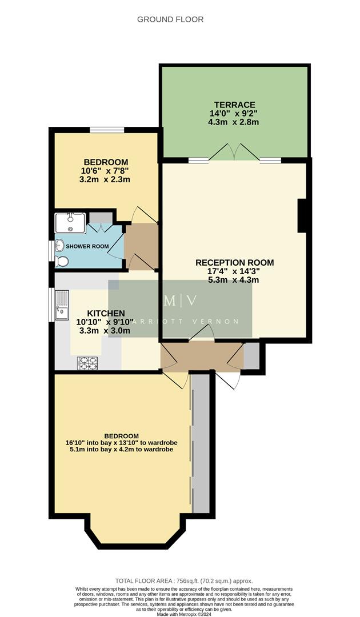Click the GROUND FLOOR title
(170, 19)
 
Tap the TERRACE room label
(234, 105)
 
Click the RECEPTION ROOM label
(234, 262)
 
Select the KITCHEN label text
(106, 313)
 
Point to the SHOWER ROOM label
(87, 246)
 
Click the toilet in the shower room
(62, 261)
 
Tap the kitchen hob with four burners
(87, 363)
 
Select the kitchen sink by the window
(61, 306)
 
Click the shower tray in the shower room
(70, 223)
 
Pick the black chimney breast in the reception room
(302, 215)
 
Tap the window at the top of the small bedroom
(107, 130)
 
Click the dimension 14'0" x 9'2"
(234, 114)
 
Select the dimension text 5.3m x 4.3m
(234, 280)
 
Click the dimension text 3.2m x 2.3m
(106, 179)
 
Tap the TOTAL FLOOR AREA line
(180, 579)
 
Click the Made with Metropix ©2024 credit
(180, 613)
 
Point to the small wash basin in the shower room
(59, 246)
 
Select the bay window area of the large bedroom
(135, 528)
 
